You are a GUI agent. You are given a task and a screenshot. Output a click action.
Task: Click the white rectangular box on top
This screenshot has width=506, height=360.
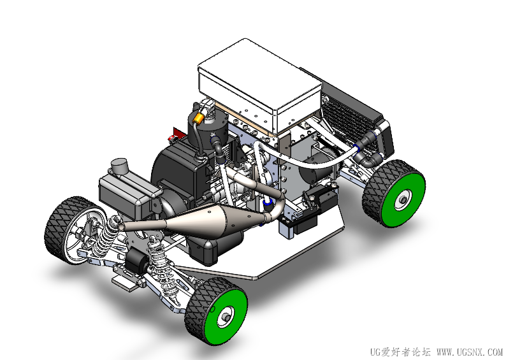pyautogui.click(x=260, y=85)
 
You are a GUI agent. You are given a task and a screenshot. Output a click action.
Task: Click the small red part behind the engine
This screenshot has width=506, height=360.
pyautogui.click(x=175, y=134)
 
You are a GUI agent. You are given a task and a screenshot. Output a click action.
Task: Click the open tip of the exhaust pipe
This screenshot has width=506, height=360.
pyautogui.click(x=120, y=227)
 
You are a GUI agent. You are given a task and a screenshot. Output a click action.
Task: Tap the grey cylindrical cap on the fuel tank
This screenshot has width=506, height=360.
pyautogui.click(x=119, y=166)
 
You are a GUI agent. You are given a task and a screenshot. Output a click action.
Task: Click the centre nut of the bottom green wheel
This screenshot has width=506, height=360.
pyautogui.click(x=226, y=317)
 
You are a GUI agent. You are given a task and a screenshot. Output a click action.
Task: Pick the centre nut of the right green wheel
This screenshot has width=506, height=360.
pyautogui.click(x=403, y=200)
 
